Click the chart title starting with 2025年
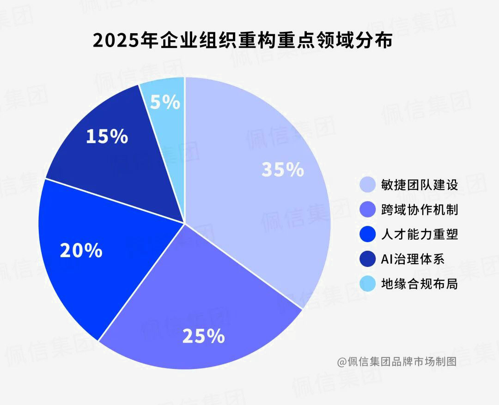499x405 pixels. (243, 41)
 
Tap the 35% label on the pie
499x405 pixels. (282, 169)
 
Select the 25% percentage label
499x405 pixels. (203, 336)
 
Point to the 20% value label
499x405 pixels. (81, 250)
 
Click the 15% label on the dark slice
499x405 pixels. (107, 136)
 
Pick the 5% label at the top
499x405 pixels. (165, 102)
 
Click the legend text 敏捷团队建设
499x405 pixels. (420, 185)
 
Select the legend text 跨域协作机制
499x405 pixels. (420, 210)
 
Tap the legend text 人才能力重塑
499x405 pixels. (420, 235)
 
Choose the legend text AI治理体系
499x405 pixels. (413, 259)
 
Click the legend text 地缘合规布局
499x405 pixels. (420, 284)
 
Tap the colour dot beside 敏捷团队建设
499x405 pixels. (367, 185)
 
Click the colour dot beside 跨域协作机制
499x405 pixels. (367, 210)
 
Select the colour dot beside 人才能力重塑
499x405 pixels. (367, 235)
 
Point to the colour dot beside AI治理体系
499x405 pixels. (367, 259)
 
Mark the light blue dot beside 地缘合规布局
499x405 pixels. (367, 284)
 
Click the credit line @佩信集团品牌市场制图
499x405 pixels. (396, 361)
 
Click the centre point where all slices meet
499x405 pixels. (185, 224)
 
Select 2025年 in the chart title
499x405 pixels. (118, 41)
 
